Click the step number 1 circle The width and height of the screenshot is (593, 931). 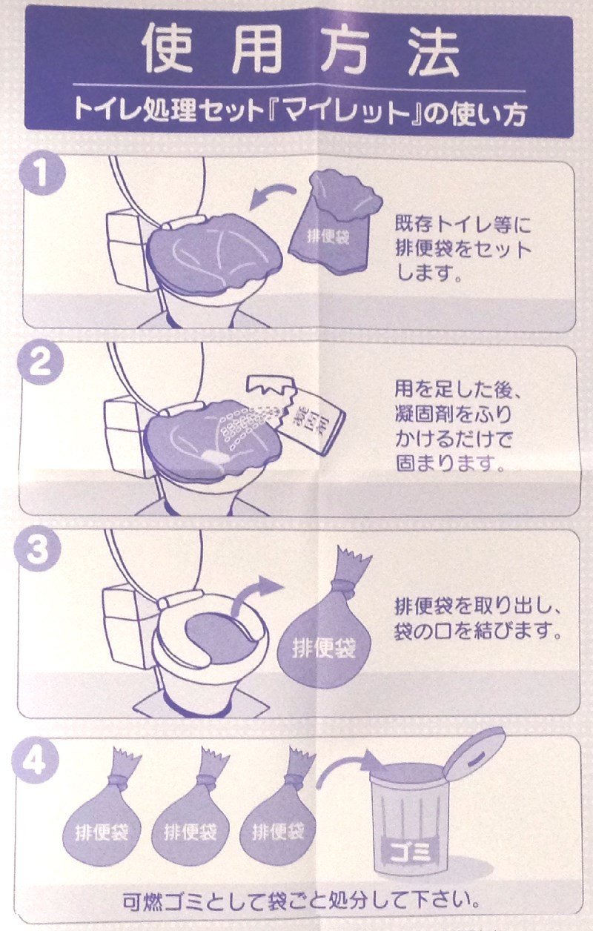point(42,173)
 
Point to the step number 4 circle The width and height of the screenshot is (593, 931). point(35,761)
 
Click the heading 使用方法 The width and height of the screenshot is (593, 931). point(300,50)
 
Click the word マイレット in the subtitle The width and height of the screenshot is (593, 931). point(346,111)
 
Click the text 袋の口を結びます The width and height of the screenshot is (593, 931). point(478,631)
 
